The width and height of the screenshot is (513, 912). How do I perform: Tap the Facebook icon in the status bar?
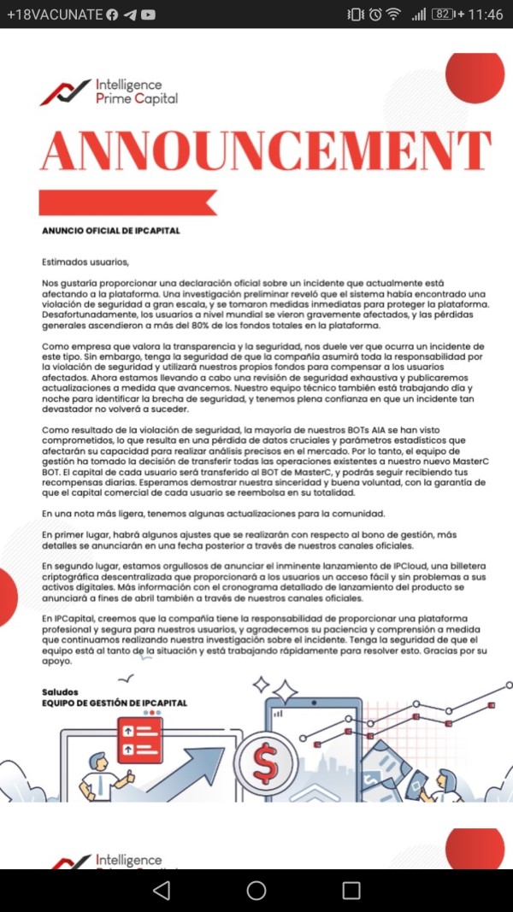click(112, 15)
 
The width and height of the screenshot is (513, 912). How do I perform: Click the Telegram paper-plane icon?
click(130, 15)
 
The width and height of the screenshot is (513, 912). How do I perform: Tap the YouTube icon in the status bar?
click(149, 15)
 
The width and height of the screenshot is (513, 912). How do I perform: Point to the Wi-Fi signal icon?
click(393, 15)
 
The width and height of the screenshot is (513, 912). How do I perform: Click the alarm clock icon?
click(374, 15)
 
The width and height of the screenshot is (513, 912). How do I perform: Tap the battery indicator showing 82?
click(443, 15)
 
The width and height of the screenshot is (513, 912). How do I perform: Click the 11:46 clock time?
click(486, 15)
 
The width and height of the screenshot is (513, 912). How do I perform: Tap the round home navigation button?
click(256, 890)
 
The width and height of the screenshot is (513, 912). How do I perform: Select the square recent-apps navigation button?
click(351, 890)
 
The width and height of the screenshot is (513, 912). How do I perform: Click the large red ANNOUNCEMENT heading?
click(266, 150)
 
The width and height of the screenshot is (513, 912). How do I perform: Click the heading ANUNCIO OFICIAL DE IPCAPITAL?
click(111, 231)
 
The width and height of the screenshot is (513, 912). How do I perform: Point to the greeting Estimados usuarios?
click(85, 262)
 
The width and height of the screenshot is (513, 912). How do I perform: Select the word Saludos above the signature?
click(60, 691)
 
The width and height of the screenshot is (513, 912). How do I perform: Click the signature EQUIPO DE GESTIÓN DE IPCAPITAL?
click(115, 703)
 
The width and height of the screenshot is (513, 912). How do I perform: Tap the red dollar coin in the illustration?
click(265, 763)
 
